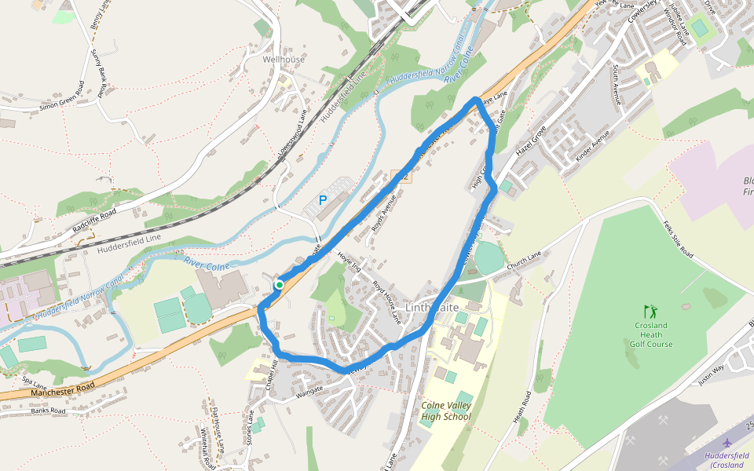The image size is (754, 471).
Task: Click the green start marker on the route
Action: click(279, 284)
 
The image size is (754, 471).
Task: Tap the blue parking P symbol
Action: click(323, 201)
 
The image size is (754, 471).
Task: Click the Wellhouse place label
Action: click(284, 60)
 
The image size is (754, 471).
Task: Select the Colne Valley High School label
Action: click(445, 411)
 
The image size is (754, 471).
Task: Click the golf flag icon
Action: click(649, 311)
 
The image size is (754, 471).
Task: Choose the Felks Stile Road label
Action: click(676, 240)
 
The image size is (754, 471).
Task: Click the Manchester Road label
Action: click(64, 386)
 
